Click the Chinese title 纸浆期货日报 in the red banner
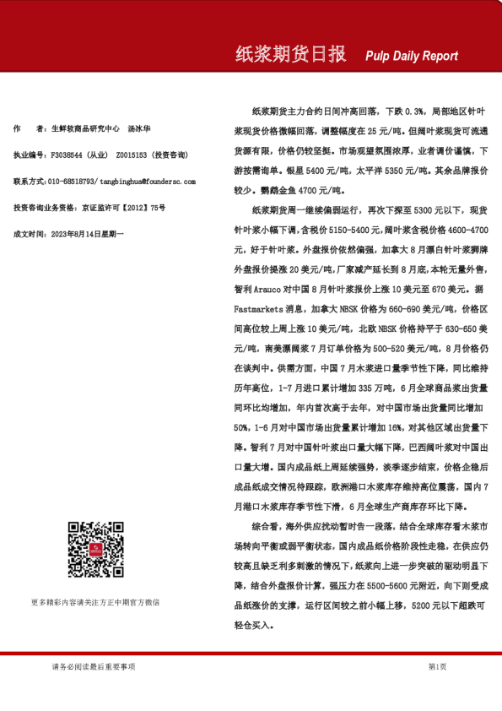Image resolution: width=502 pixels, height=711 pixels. (x=290, y=55)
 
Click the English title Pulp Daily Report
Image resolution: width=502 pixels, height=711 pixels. (x=412, y=57)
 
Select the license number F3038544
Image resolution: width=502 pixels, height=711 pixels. (x=68, y=155)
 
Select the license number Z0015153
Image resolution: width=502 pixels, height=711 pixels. (x=132, y=155)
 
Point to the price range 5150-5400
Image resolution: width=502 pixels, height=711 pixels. (x=321, y=229)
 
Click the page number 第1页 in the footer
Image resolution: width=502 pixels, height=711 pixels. (x=437, y=667)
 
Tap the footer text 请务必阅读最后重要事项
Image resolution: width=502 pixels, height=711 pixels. (x=93, y=667)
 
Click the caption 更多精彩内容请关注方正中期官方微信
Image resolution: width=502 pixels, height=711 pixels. (x=94, y=603)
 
